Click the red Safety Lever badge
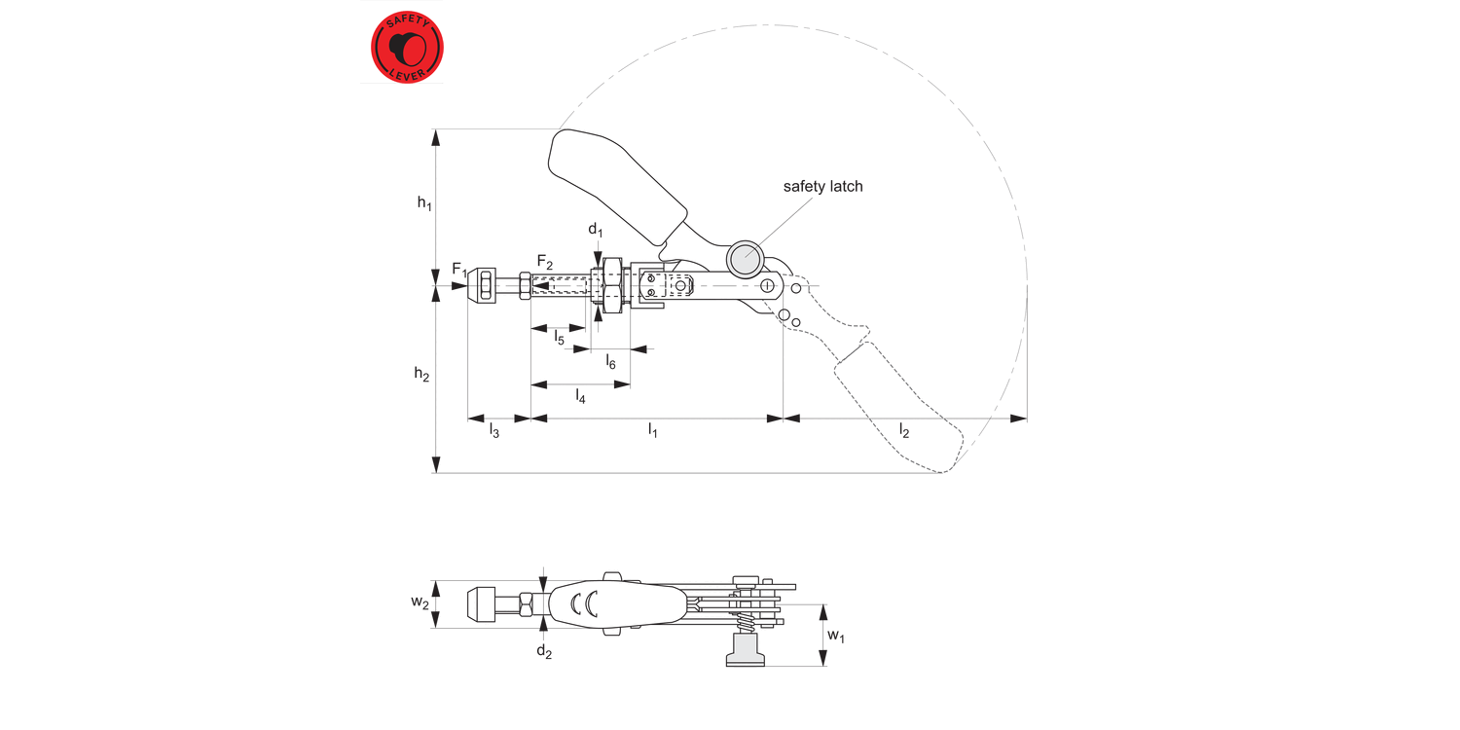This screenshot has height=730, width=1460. click(x=407, y=46)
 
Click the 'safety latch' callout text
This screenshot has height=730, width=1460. click(x=822, y=186)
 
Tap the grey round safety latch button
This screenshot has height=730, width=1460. click(x=746, y=257)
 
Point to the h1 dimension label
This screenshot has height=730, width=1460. click(x=424, y=202)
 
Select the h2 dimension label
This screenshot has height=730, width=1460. click(x=421, y=374)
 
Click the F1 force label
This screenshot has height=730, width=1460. click(x=459, y=270)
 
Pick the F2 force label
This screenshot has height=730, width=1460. click(x=545, y=262)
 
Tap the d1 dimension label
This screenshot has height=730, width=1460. click(x=595, y=231)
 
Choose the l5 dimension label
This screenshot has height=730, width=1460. click(x=560, y=338)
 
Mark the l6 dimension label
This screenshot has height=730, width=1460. click(x=610, y=362)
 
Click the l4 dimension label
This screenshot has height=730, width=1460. click(x=580, y=395)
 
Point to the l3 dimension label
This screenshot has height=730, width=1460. click(x=494, y=430)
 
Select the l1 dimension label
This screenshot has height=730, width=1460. click(x=654, y=430)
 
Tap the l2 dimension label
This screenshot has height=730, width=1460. click(x=904, y=430)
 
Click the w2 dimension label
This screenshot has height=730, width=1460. click(x=420, y=603)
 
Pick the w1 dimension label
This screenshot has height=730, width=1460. click(x=836, y=636)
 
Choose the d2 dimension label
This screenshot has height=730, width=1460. click(x=544, y=651)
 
